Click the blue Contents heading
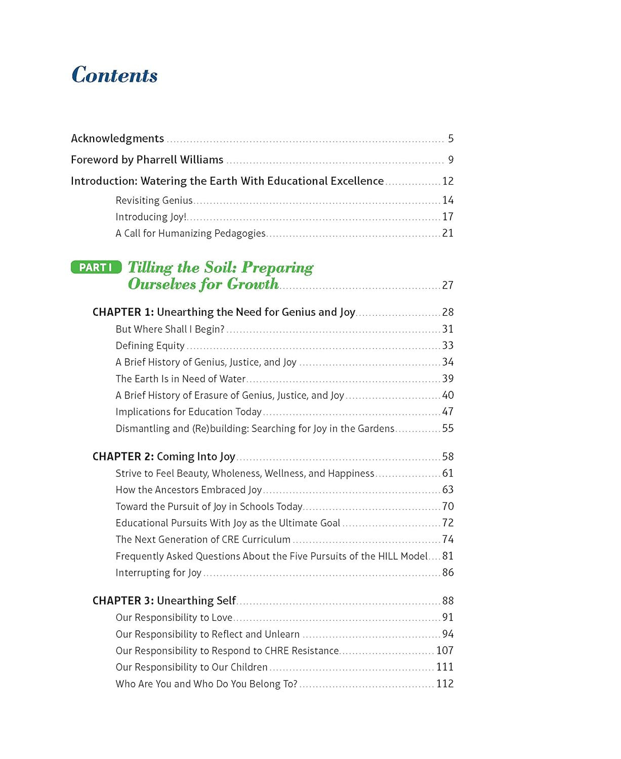114,75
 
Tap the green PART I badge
96,267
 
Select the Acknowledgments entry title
117,139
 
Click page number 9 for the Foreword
450,160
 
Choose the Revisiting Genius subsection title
154,200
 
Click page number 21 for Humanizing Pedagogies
447,233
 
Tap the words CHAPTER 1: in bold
123,312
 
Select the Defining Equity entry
150,346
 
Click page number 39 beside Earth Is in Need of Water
447,378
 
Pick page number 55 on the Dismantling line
447,429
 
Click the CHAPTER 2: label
123,456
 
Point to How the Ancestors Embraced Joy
188,490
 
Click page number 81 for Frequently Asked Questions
447,556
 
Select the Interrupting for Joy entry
158,573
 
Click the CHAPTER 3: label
123,601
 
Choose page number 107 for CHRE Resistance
444,650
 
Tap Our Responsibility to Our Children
191,667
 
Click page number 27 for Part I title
447,285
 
